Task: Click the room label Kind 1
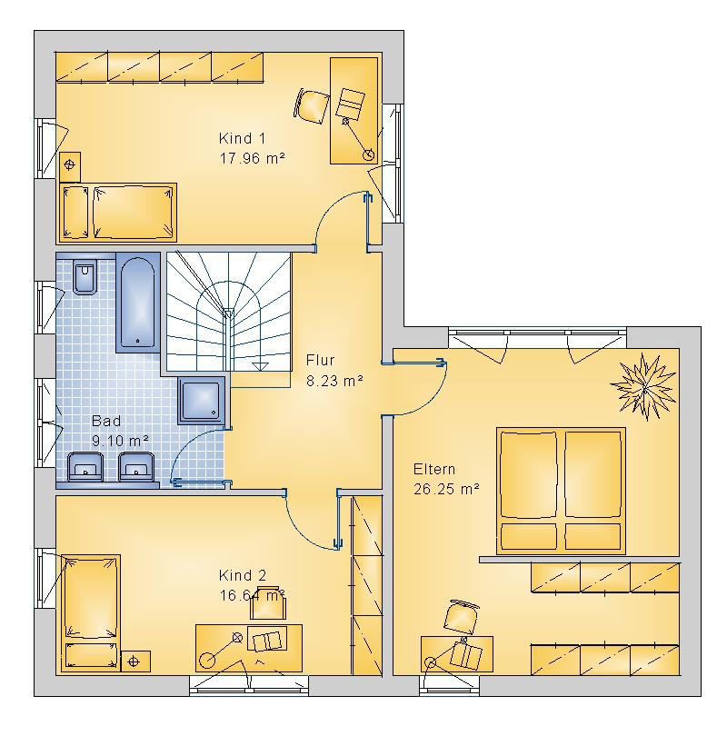[x=242, y=138]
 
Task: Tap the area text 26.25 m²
[x=446, y=489]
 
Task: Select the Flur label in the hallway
[x=321, y=360]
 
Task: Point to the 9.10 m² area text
[x=120, y=441]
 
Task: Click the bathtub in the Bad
[x=138, y=303]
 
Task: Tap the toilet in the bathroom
[x=85, y=277]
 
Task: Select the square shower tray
[x=202, y=401]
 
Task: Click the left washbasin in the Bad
[x=85, y=466]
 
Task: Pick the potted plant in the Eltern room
[x=644, y=387]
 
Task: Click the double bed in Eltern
[x=561, y=491]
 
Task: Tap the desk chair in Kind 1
[x=312, y=106]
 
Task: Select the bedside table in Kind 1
[x=70, y=166]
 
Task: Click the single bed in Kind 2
[x=91, y=612]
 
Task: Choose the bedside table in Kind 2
[x=135, y=661]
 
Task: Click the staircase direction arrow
[x=260, y=366]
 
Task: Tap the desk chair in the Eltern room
[x=461, y=616]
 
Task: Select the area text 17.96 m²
[x=253, y=158]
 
